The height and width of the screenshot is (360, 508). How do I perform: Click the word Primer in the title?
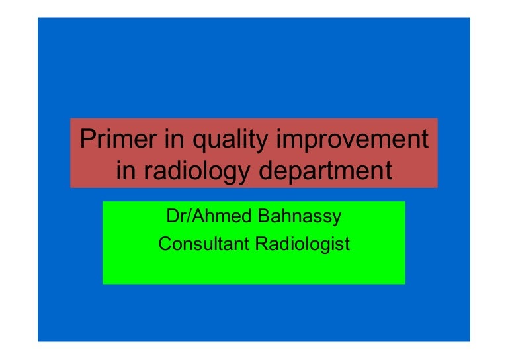click(x=114, y=140)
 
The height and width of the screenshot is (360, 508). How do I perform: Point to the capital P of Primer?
click(x=85, y=140)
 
